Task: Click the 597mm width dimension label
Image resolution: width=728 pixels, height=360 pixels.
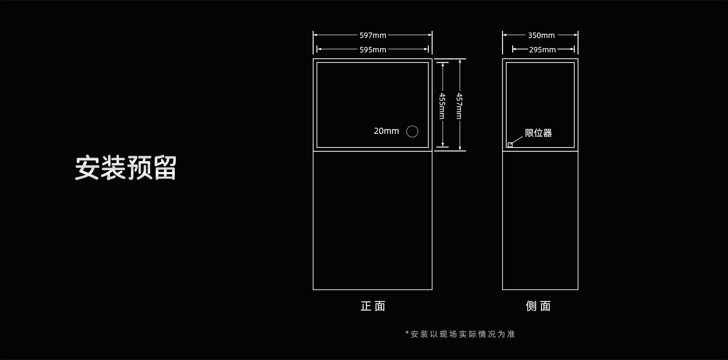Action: click(373, 35)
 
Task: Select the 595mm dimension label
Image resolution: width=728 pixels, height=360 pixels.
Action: click(373, 50)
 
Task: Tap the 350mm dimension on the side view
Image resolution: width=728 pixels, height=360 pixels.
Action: click(541, 35)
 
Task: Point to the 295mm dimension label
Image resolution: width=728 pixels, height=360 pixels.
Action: click(542, 50)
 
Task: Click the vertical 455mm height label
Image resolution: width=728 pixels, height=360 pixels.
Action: click(442, 106)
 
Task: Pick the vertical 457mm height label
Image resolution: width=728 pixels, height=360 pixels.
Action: click(459, 106)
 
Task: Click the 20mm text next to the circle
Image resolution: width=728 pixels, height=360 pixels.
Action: click(386, 131)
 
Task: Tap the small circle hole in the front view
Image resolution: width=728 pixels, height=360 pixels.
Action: click(412, 131)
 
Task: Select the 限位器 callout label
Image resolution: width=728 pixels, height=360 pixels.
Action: click(538, 133)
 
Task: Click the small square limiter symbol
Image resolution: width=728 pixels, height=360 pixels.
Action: click(510, 145)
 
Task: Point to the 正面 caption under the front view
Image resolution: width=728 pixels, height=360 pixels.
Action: click(373, 306)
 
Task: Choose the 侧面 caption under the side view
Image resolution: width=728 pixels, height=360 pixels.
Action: click(538, 306)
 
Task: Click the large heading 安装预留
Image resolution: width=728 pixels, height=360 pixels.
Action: click(126, 168)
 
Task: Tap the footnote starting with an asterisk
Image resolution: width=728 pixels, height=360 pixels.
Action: click(460, 334)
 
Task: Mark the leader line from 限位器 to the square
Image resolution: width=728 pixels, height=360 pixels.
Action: click(517, 140)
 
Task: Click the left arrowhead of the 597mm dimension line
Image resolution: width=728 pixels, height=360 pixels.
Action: click(315, 35)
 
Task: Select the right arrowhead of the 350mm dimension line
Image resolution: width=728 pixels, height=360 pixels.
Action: click(576, 35)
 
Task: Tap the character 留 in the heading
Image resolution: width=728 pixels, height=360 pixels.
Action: click(165, 168)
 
